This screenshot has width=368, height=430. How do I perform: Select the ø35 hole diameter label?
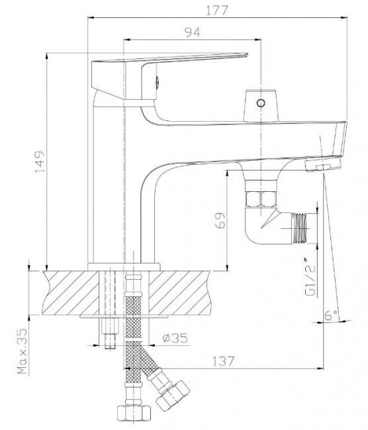click(x=175, y=338)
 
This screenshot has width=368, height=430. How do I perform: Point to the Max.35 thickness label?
click(x=21, y=353)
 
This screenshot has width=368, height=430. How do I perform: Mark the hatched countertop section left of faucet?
click(x=66, y=292)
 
